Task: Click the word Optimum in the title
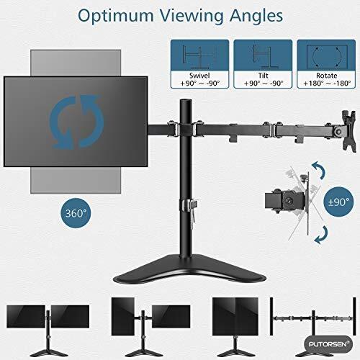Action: coord(116,17)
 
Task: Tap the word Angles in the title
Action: coord(256,17)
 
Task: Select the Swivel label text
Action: coord(199,76)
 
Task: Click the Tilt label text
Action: coord(263,76)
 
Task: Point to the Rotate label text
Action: coord(326,76)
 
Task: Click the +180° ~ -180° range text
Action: coord(327,84)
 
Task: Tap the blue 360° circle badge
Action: coord(76,213)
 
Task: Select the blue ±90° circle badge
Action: coord(338,202)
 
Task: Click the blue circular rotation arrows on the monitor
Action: coord(76,122)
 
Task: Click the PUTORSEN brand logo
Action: coord(328,344)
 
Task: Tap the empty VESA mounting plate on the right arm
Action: coord(347,130)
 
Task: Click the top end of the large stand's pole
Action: coord(186,99)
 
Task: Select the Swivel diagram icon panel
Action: coord(199,55)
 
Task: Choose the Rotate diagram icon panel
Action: coord(326,55)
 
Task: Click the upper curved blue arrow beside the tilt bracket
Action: coord(318,170)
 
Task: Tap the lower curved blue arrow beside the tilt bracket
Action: coord(321,235)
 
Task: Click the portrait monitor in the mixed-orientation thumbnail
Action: coord(123,316)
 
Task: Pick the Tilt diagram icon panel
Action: coord(263,55)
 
